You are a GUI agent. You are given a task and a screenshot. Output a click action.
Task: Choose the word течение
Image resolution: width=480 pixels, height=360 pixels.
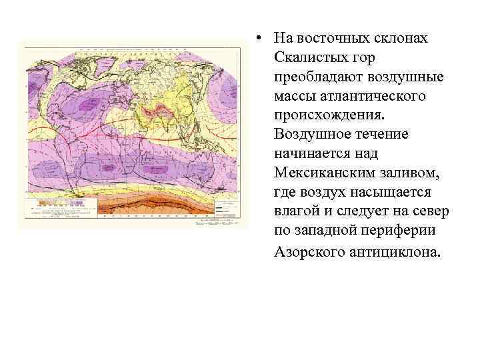[x=385, y=135]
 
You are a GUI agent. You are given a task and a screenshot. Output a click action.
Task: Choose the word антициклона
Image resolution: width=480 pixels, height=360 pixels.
[x=395, y=251]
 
